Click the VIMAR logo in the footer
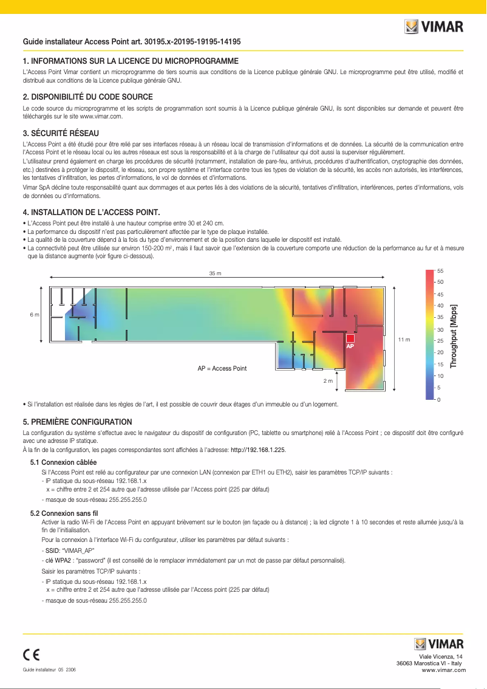[x=438, y=644]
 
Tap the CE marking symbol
[x=32, y=654]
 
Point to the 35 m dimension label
[x=215, y=273]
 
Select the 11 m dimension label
[x=404, y=339]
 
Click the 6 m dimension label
[x=35, y=315]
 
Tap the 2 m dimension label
[x=328, y=381]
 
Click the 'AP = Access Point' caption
[x=222, y=369]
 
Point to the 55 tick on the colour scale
[x=441, y=270]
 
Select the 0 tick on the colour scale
[x=439, y=399]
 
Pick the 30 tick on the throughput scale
[x=441, y=329]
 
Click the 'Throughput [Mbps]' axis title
[x=453, y=336]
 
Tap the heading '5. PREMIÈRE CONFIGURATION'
[x=77, y=422]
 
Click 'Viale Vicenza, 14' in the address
[x=445, y=657]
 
